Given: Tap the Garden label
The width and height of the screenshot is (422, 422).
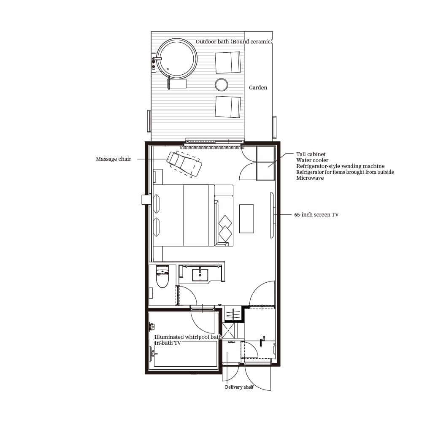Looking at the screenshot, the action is click(258, 87).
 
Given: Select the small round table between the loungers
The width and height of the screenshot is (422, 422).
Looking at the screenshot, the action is click(221, 84).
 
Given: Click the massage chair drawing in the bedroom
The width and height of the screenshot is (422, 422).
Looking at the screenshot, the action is click(184, 164).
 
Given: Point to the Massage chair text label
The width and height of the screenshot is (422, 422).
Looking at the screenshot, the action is click(114, 159).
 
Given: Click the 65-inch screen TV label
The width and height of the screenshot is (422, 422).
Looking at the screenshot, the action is click(316, 214).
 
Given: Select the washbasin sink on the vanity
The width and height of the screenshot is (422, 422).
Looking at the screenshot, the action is click(200, 275).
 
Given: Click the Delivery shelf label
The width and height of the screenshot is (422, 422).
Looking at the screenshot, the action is click(239, 387).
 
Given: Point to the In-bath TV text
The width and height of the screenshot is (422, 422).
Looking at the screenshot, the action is click(168, 343).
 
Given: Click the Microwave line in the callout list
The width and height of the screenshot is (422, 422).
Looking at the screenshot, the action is click(310, 178).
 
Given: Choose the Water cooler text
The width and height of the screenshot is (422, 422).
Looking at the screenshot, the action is click(312, 160).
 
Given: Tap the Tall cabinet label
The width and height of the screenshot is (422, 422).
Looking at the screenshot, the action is click(311, 154).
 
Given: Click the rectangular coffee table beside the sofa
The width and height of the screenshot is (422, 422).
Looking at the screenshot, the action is click(246, 219).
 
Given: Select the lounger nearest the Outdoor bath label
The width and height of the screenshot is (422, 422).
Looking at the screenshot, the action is click(228, 62).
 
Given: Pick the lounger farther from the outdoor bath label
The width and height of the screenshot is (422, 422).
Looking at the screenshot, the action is click(228, 107).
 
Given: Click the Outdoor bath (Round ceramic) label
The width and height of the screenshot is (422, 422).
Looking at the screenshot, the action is click(234, 41).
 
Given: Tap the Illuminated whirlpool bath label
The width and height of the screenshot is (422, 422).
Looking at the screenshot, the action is click(188, 337).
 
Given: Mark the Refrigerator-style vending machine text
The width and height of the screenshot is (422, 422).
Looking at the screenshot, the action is click(341, 166).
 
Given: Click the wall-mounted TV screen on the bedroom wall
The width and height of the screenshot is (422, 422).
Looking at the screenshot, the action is click(272, 215).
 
